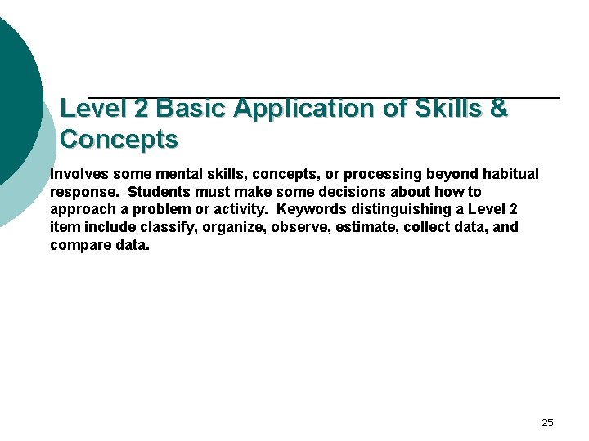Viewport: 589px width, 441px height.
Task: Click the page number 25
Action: pos(547,422)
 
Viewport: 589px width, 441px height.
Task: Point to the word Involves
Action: pos(80,174)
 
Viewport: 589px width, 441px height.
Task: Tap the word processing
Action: pos(378,174)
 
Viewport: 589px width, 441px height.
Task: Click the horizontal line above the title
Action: pos(323,98)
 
